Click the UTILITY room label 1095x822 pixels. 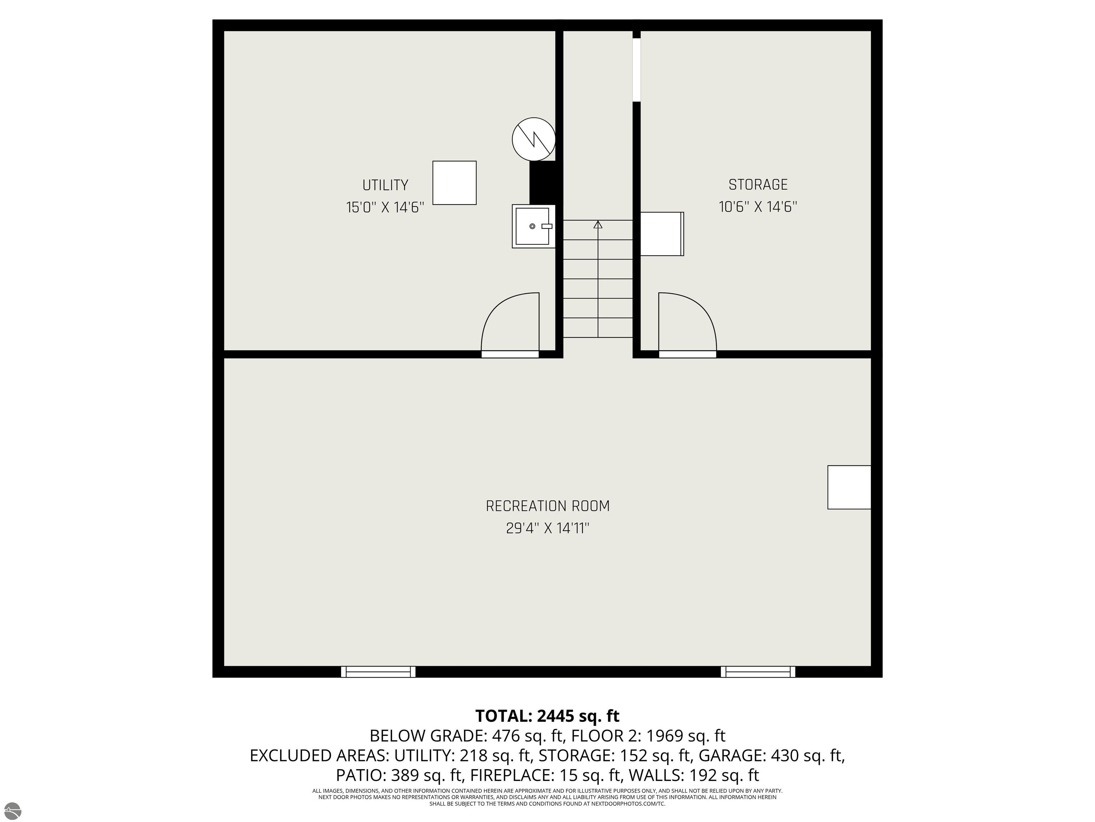coord(385,185)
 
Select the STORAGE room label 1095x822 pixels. coord(758,185)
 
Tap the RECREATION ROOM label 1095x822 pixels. coord(547,506)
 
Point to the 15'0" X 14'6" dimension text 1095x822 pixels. coord(385,207)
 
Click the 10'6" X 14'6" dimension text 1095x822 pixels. coord(758,207)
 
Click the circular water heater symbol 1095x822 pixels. coord(534,139)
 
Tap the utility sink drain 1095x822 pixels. coord(532,227)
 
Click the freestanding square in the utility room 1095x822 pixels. coord(454,183)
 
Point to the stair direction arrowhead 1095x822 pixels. coord(598,224)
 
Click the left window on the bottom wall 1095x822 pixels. coord(378,672)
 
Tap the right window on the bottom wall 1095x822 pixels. coord(758,672)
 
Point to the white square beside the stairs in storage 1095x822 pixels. coord(662,234)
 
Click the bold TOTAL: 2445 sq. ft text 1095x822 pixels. coord(547,716)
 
